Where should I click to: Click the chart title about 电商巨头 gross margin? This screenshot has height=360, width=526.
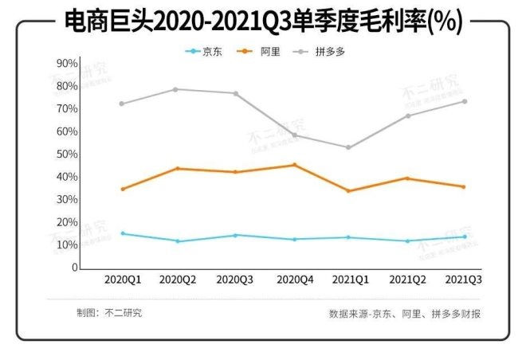(x=263, y=22)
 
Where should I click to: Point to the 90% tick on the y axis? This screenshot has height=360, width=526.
(x=68, y=63)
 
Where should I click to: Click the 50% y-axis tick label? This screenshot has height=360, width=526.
(x=68, y=154)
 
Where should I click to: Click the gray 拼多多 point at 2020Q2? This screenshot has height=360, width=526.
(x=176, y=89)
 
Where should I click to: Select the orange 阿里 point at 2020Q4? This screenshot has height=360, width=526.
(x=294, y=165)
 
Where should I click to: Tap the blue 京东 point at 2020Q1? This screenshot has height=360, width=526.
(x=122, y=233)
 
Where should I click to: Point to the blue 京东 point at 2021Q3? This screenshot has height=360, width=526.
(x=464, y=237)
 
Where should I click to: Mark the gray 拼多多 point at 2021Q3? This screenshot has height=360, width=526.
(x=464, y=101)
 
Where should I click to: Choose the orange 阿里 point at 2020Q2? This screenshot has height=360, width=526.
(x=176, y=169)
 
